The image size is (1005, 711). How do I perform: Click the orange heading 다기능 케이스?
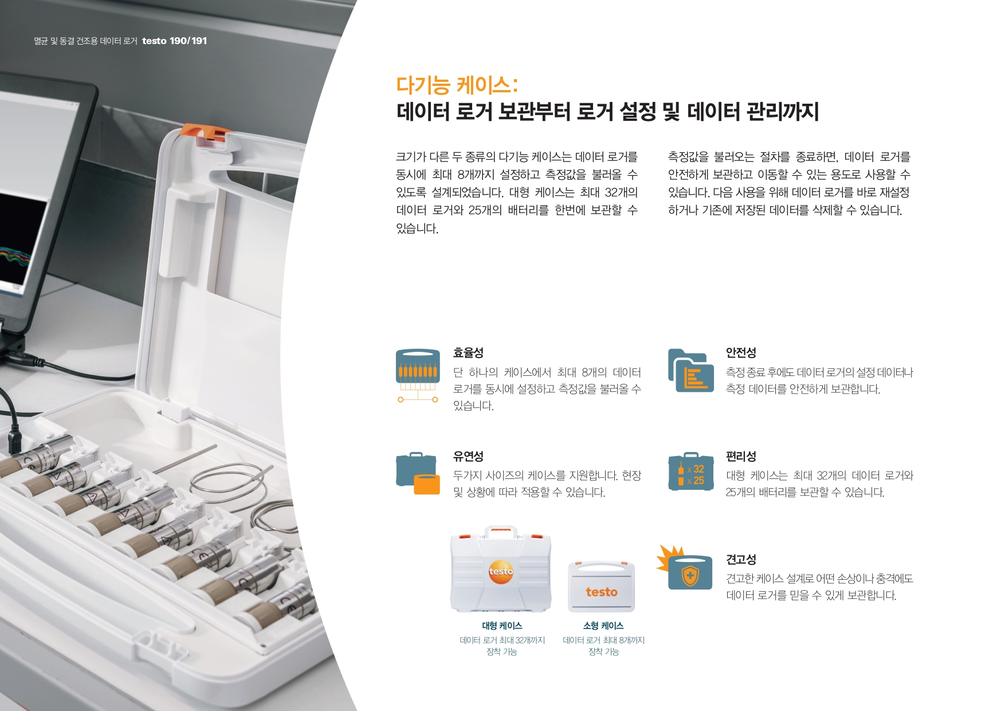click(457, 85)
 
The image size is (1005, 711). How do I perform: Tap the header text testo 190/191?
click(174, 41)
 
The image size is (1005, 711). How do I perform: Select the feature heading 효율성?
click(468, 352)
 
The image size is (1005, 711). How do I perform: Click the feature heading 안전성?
click(741, 352)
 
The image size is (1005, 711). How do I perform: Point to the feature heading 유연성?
click(468, 456)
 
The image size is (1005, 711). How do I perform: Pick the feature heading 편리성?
click(741, 456)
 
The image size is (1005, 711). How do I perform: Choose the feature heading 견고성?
click(741, 559)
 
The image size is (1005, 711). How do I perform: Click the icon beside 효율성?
click(418, 375)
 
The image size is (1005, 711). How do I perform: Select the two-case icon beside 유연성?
click(418, 473)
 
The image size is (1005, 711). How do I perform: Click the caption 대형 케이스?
click(502, 626)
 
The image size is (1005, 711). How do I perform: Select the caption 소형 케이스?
click(603, 626)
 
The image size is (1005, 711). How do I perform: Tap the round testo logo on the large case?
click(501, 572)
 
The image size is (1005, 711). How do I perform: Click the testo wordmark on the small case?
click(602, 592)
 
